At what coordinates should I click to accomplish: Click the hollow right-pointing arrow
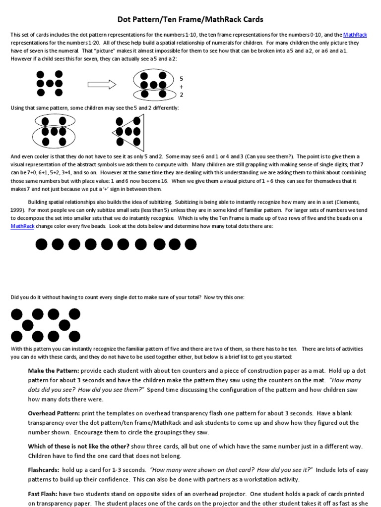click(102, 84)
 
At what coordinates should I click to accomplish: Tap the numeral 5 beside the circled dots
click(182, 78)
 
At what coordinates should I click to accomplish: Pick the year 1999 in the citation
click(17, 210)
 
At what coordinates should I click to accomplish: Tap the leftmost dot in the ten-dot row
click(42, 244)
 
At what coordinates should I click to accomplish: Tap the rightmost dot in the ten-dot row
click(190, 244)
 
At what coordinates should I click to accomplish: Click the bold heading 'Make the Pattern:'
click(53, 371)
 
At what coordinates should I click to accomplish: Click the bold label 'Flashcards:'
click(44, 470)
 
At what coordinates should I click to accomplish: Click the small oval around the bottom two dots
click(152, 94)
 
